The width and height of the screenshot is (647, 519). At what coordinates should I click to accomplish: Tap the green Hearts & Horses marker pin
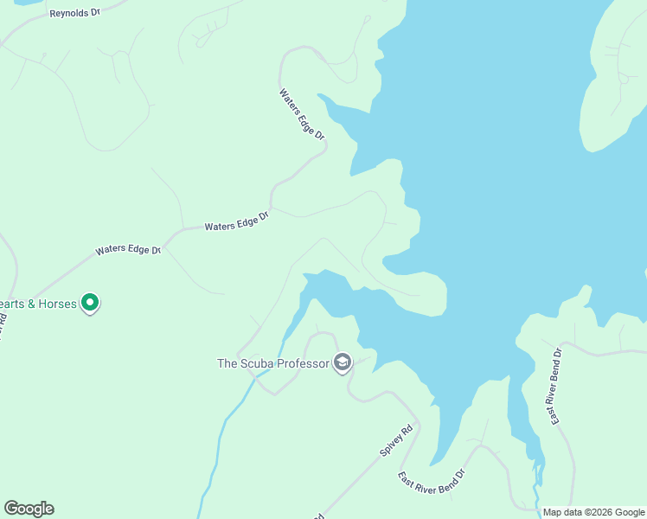90,303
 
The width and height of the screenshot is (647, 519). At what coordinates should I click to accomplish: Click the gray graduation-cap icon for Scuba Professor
343,362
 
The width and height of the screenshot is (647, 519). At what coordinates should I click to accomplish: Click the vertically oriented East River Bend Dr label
557,386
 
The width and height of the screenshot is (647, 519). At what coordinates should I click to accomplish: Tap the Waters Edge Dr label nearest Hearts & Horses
128,250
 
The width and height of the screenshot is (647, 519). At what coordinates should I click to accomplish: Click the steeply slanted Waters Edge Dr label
302,114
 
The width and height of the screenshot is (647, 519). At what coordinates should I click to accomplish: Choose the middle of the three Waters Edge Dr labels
237,221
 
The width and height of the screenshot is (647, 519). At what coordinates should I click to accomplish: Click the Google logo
29,509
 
